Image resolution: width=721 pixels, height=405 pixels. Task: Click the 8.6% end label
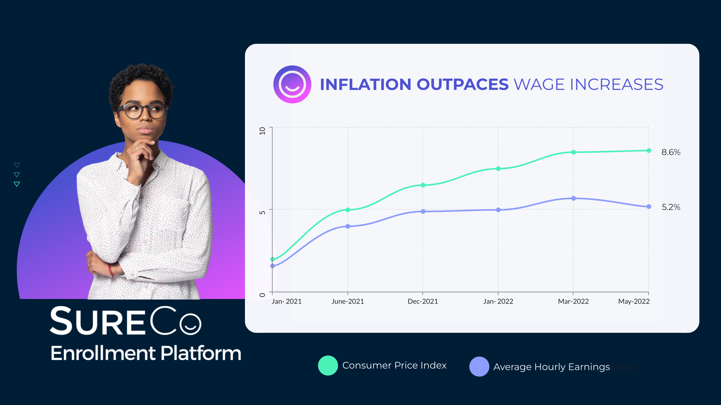[671, 152]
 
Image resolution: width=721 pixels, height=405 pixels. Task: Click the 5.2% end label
[671, 207]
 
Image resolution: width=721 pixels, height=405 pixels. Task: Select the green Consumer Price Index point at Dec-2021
[423, 185]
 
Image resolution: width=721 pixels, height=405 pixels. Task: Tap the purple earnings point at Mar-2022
[573, 198]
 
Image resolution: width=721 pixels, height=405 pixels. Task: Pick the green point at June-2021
[348, 210]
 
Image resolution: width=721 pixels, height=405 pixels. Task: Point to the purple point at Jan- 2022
[498, 210]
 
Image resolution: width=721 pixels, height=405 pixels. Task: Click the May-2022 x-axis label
[634, 301]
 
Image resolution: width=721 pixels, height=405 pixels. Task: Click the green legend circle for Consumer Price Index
[328, 365]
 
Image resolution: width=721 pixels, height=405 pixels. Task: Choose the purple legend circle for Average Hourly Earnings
[479, 366]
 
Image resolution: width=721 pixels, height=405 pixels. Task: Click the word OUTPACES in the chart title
[462, 85]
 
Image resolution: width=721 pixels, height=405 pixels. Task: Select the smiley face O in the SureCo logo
[190, 324]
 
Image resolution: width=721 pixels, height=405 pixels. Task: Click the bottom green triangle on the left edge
[17, 184]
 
